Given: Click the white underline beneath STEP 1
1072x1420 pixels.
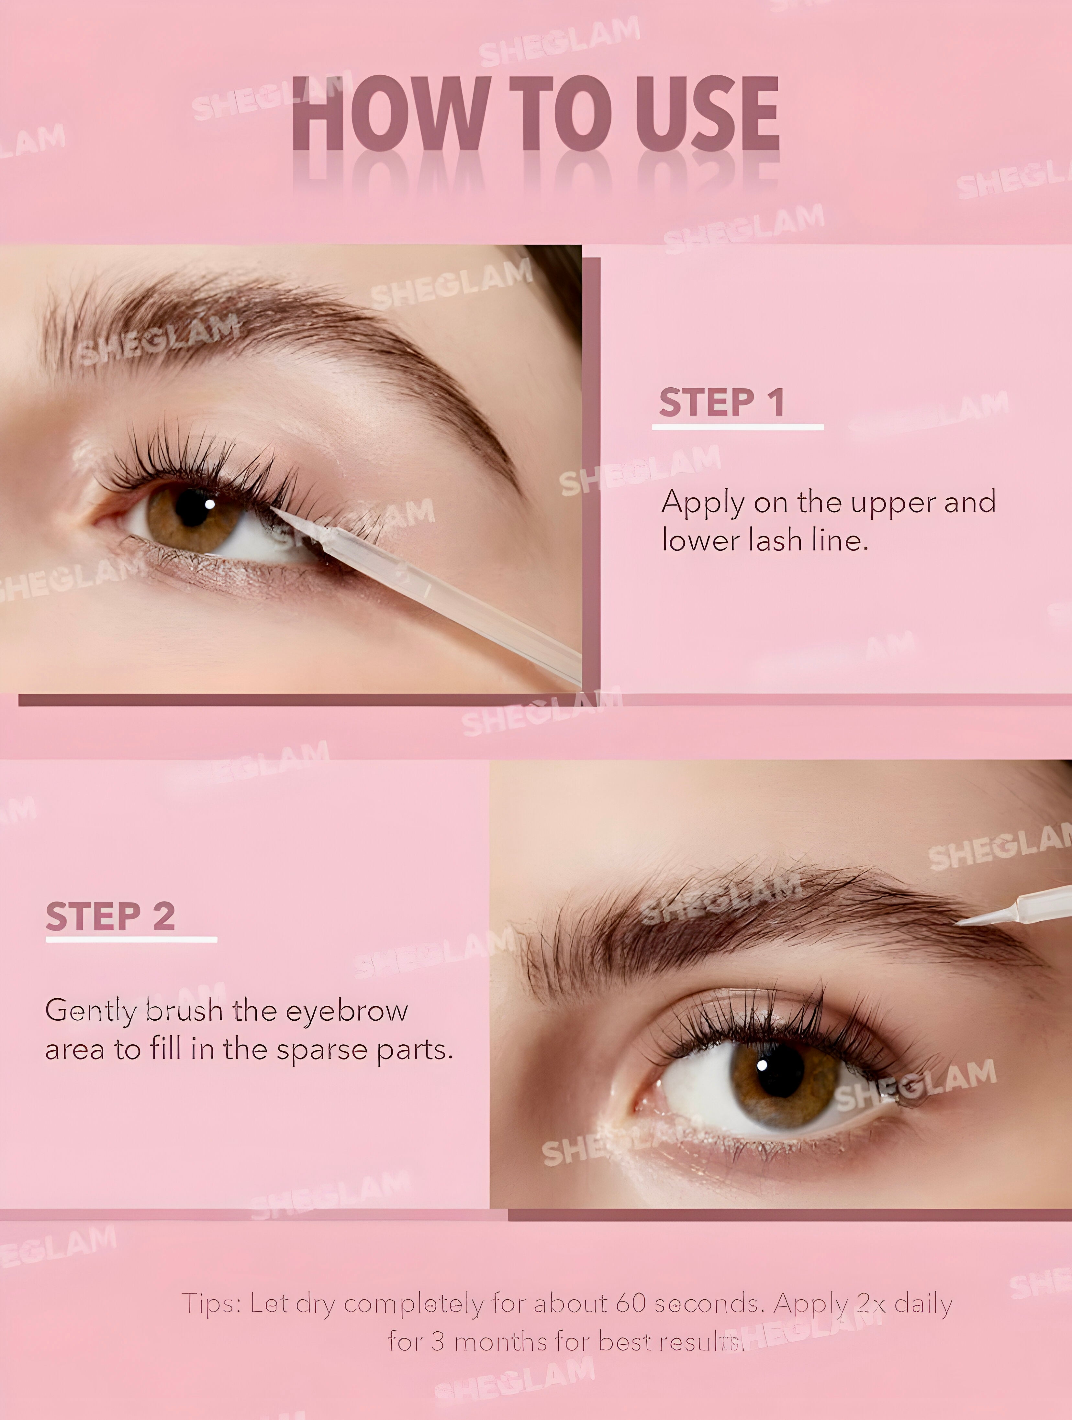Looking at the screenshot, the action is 738,426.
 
